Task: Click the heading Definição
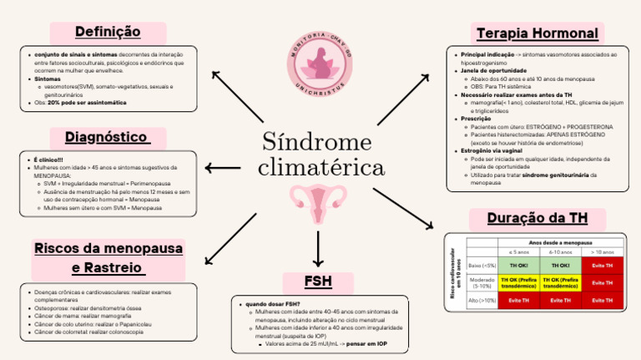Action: pyautogui.click(x=108, y=32)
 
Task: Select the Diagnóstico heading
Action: pyautogui.click(x=107, y=136)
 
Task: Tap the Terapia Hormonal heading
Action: pyautogui.click(x=537, y=33)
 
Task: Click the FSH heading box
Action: pyautogui.click(x=319, y=281)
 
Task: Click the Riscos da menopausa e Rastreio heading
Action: pyautogui.click(x=108, y=258)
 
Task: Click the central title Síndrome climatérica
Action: pyautogui.click(x=320, y=154)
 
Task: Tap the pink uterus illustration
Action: pyautogui.click(x=319, y=204)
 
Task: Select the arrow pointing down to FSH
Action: pyautogui.click(x=319, y=247)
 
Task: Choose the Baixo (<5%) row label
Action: pyautogui.click(x=482, y=265)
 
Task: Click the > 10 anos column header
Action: pyautogui.click(x=602, y=251)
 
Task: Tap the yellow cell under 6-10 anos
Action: pyautogui.click(x=560, y=281)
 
